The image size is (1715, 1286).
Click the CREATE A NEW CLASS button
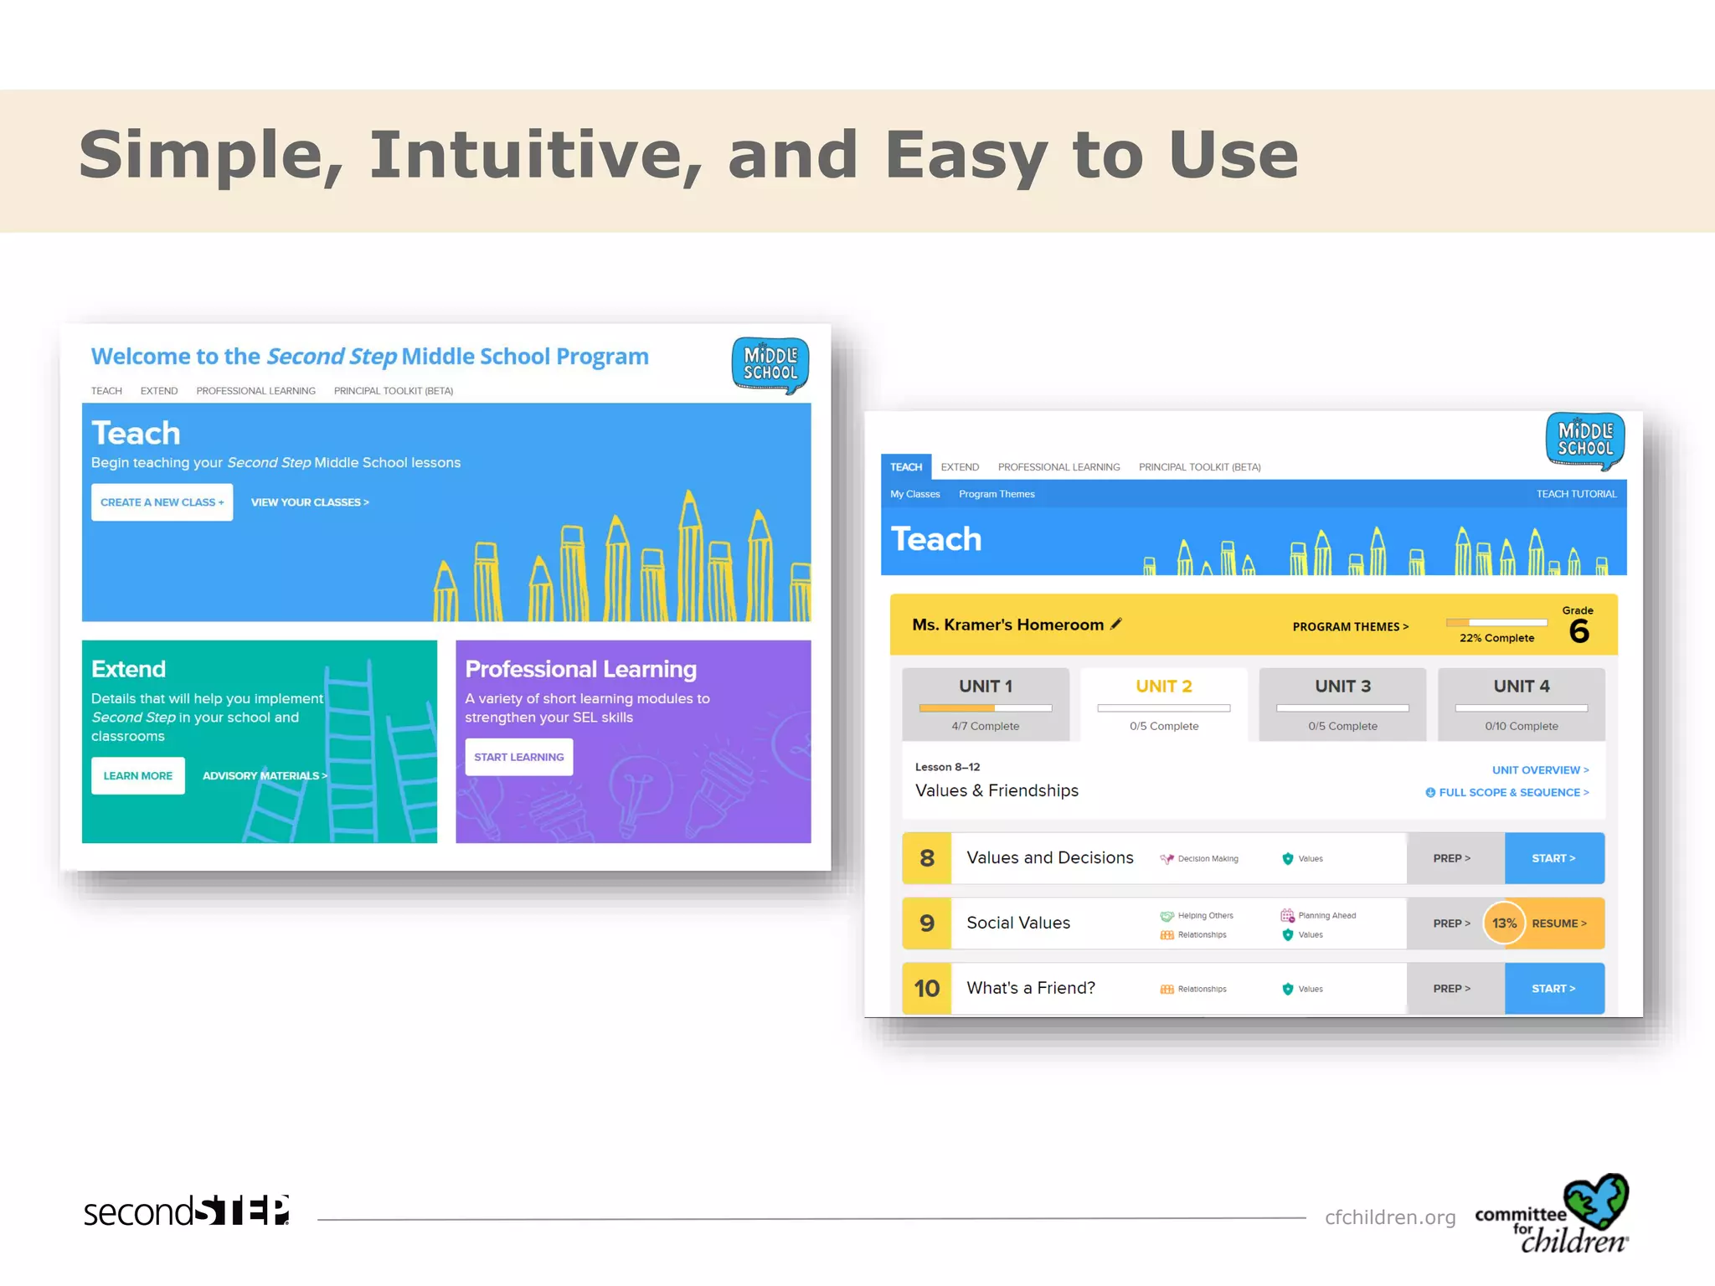[x=162, y=502]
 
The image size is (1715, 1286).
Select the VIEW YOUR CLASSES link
[x=309, y=502]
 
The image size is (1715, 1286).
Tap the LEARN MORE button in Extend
[x=138, y=776]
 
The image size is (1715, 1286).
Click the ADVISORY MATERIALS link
[x=264, y=776]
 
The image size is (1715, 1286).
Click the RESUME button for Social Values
[x=1559, y=923]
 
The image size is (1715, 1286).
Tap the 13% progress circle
[x=1504, y=923]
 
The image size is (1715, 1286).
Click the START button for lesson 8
[x=1553, y=858]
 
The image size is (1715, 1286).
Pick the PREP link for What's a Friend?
[x=1451, y=989]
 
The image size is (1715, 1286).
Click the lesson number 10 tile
[x=926, y=989]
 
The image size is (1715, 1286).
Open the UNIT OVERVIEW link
[x=1539, y=770]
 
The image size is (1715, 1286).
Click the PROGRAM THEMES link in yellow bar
[x=1350, y=627]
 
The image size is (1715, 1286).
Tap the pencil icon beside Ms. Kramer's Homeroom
[x=1115, y=624]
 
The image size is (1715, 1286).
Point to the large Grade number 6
[x=1579, y=631]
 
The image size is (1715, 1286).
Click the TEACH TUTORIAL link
[x=1576, y=494]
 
